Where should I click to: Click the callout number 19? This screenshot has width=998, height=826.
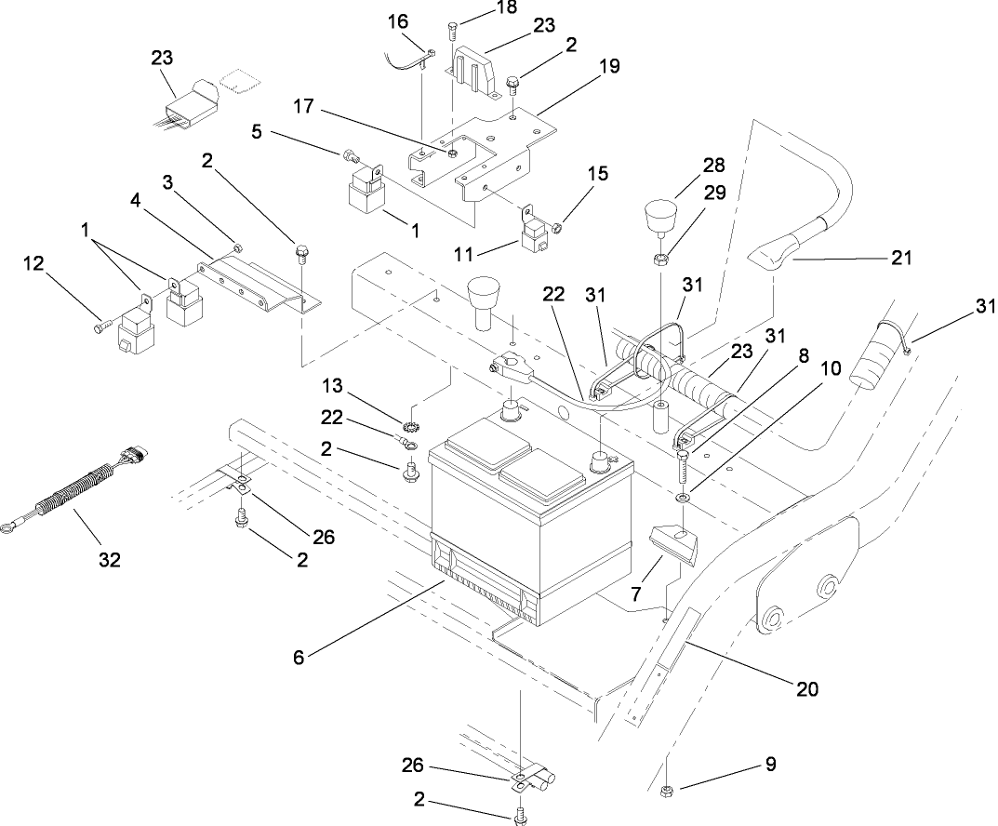coord(609,68)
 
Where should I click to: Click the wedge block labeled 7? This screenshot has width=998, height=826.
coord(677,543)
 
